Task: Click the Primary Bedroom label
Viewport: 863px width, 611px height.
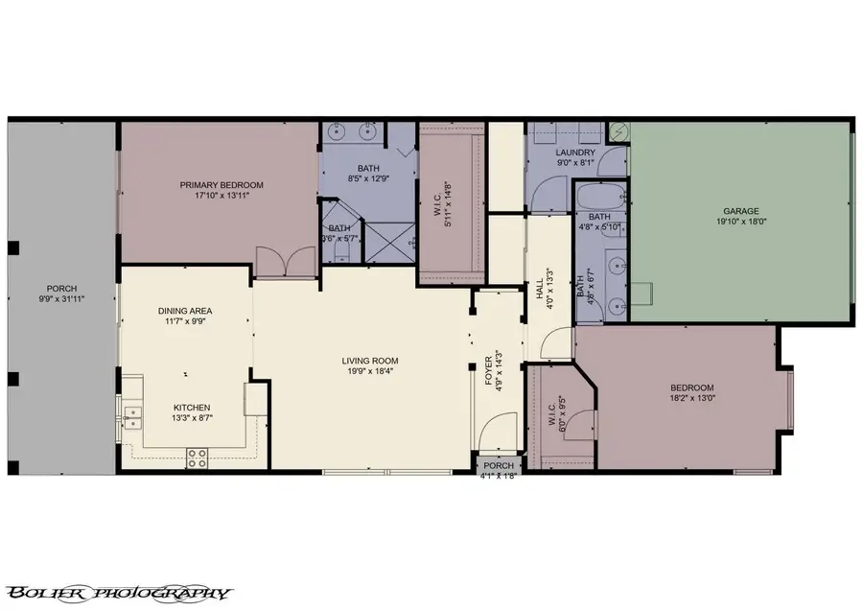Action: click(222, 185)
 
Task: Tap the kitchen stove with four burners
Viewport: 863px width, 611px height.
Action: click(197, 459)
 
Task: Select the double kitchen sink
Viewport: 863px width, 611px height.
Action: click(130, 416)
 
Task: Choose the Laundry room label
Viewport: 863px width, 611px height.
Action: click(575, 153)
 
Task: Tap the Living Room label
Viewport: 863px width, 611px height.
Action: click(369, 362)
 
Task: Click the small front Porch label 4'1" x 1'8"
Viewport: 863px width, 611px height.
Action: click(498, 467)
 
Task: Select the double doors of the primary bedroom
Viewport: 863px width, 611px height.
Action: click(285, 262)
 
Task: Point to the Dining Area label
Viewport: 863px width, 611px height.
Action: click(185, 311)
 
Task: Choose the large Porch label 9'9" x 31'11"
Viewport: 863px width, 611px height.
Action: click(61, 289)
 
